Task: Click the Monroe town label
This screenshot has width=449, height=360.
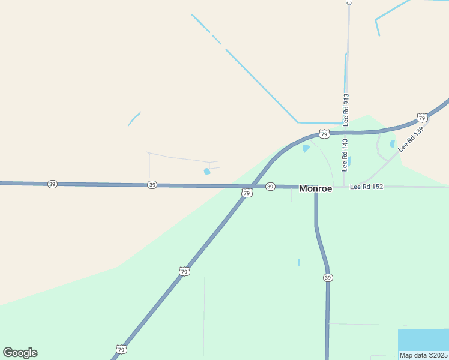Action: point(315,188)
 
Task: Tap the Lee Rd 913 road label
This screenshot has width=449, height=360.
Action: point(346,108)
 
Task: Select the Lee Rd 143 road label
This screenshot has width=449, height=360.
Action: point(345,155)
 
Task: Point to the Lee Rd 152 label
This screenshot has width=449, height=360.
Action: point(366,187)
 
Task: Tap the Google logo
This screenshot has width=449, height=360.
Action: point(20,353)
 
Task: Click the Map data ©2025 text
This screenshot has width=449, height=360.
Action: point(424,355)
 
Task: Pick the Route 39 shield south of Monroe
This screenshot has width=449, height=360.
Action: point(328,278)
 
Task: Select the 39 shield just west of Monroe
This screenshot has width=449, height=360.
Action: point(270,187)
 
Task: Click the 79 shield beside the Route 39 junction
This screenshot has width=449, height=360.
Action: point(247,193)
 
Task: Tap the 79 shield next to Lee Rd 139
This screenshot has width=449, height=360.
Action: point(422,118)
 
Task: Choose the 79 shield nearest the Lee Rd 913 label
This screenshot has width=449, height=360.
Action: point(324,134)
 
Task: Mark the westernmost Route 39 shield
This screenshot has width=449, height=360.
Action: point(52,184)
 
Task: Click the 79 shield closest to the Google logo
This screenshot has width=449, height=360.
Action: point(122,349)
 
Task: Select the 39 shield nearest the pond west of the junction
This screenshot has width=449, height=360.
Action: point(152,185)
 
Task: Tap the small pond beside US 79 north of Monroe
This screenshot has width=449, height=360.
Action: point(306,148)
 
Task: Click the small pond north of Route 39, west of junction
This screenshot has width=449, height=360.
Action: point(207,171)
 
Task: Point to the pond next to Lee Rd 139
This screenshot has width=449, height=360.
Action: point(393,144)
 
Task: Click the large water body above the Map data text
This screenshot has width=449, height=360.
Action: point(423,340)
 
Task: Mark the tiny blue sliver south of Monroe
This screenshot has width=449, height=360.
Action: point(298,262)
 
